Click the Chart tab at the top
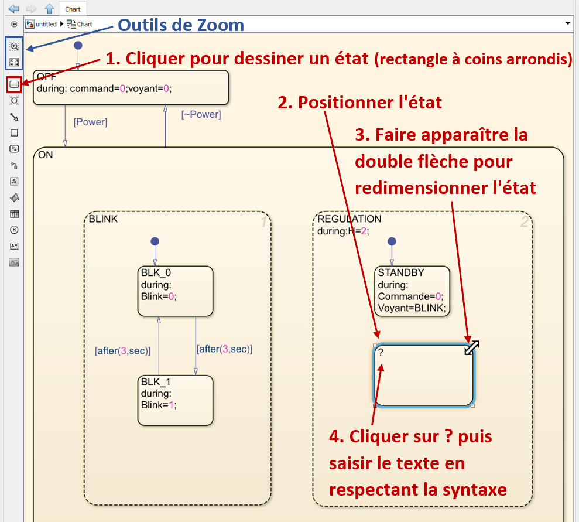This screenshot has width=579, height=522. (x=73, y=9)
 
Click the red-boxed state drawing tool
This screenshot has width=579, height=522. (x=14, y=85)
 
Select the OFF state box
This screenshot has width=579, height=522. (x=130, y=88)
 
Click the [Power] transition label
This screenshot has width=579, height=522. (x=90, y=122)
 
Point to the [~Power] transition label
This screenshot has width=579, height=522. (x=201, y=114)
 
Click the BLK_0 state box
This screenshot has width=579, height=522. (x=176, y=291)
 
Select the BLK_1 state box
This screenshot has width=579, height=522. (x=175, y=401)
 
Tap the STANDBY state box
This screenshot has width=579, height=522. (x=412, y=292)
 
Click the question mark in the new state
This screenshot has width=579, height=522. (x=381, y=353)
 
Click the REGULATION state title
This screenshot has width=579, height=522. (x=349, y=219)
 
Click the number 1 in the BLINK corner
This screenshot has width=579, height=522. (x=263, y=222)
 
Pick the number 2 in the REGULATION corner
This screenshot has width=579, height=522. (x=524, y=222)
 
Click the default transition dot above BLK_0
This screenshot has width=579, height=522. (x=155, y=241)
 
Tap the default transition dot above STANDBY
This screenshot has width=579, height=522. (x=392, y=241)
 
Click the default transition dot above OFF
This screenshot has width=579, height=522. (x=78, y=45)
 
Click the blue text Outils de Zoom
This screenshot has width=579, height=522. (x=181, y=25)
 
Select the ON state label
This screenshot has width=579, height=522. (x=45, y=155)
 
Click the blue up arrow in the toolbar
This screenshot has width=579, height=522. (x=50, y=9)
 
